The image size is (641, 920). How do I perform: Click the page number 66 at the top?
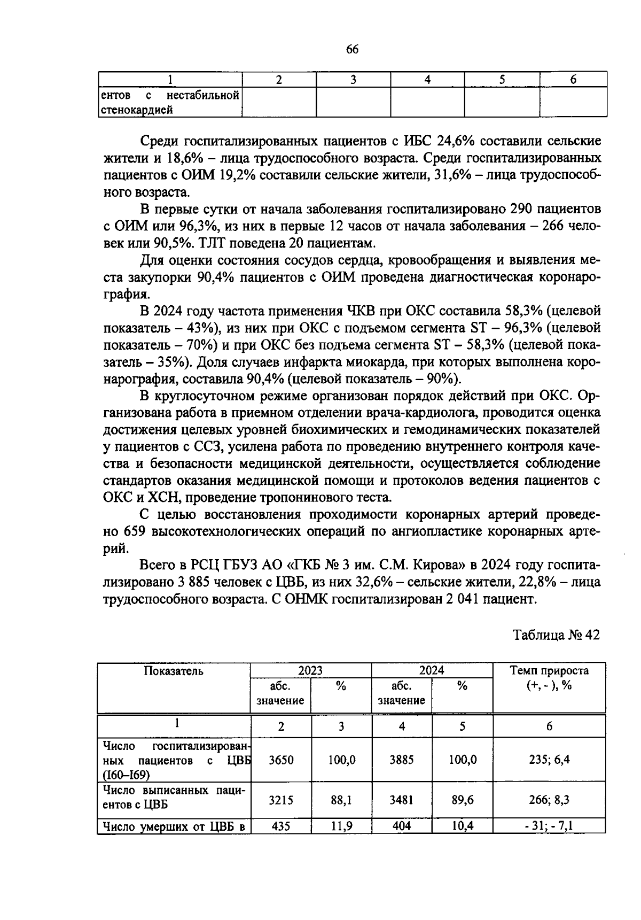coord(352,50)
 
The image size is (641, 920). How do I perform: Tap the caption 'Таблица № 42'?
coord(556,635)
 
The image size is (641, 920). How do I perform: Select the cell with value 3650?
coord(281,760)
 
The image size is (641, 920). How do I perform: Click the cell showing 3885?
coord(401,760)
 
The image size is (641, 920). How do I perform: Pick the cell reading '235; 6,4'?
coord(549,760)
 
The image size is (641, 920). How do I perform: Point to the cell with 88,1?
coord(341,800)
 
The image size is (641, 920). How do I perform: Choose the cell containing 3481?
coord(401,800)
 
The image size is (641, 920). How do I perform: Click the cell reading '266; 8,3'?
coord(549,800)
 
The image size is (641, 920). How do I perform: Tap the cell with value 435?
coord(281,826)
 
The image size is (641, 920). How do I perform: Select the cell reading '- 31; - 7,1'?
coord(549,826)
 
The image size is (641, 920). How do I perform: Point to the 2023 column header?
coord(310,670)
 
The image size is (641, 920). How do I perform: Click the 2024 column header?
coord(432,670)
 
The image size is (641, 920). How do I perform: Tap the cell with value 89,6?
coord(462,800)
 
